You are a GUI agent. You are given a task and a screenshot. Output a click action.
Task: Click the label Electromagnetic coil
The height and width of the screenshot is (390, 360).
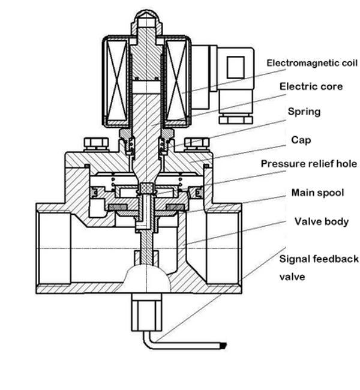tap(312, 63)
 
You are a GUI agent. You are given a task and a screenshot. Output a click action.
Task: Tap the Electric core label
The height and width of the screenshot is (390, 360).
tap(311, 86)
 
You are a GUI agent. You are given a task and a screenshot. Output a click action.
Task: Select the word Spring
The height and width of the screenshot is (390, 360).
tap(304, 112)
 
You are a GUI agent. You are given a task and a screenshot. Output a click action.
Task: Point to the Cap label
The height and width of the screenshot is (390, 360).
tap(301, 140)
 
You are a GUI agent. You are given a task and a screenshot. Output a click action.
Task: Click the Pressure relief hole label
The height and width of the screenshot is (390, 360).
tap(309, 164)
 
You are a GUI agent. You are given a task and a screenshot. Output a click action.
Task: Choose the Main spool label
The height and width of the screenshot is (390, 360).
tap(317, 193)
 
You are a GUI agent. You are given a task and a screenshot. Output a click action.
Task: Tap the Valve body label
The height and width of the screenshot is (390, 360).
tap(322, 221)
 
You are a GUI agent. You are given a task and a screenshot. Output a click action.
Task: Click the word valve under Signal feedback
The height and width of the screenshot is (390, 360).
tap(292, 277)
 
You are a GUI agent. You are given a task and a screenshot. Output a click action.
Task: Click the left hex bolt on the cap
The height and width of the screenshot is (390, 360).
tap(96, 144)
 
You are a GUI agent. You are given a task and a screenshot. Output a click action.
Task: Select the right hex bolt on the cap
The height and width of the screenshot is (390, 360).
tap(197, 144)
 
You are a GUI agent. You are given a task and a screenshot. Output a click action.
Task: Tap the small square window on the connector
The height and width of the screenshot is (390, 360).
tap(235, 68)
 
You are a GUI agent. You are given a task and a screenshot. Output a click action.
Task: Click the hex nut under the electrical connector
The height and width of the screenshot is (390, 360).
tap(236, 119)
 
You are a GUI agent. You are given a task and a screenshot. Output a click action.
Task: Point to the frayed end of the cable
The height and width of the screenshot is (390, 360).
tap(223, 346)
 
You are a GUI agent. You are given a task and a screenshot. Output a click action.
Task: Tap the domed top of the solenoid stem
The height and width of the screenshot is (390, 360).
tap(147, 16)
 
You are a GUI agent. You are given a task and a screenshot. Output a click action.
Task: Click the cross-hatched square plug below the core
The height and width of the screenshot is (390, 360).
tap(147, 188)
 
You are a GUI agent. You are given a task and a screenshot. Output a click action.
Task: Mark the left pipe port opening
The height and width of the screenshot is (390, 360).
tap(55, 248)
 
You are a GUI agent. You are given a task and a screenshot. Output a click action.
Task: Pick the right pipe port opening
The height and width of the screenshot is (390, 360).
tap(223, 248)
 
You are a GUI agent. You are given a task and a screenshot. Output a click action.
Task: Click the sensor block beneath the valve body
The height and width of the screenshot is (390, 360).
tap(146, 313)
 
